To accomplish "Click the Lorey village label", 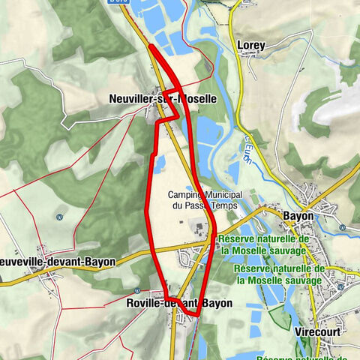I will pos(251,45).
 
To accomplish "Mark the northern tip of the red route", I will pos(151,46).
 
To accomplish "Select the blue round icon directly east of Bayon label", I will pos(340,226).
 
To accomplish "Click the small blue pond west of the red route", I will pos(159,163).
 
